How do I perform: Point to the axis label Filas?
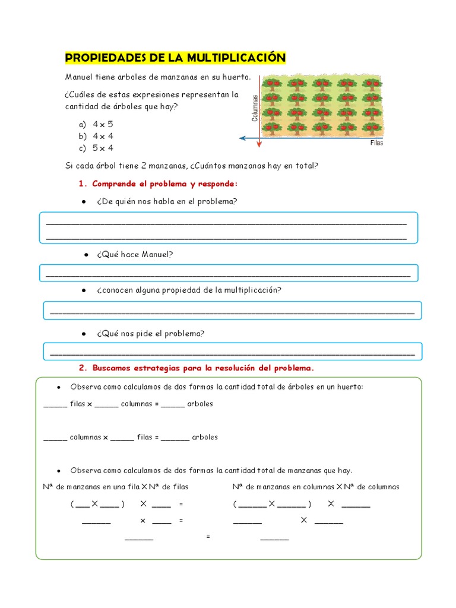[x=376, y=143]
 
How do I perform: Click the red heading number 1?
[x=83, y=183]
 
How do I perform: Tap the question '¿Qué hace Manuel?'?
[x=134, y=254]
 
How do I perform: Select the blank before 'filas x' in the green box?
[x=56, y=404]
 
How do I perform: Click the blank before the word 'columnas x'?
[x=56, y=438]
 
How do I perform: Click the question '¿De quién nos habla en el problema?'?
[x=166, y=201]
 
